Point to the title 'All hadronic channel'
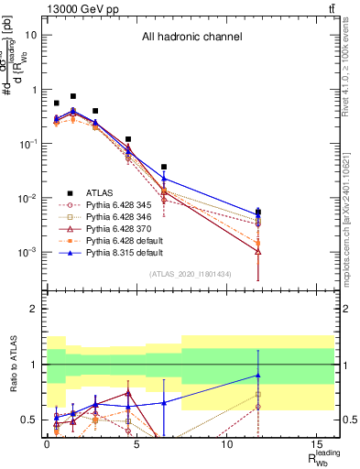191,38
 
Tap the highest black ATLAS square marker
73,96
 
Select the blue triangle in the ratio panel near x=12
258,375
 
